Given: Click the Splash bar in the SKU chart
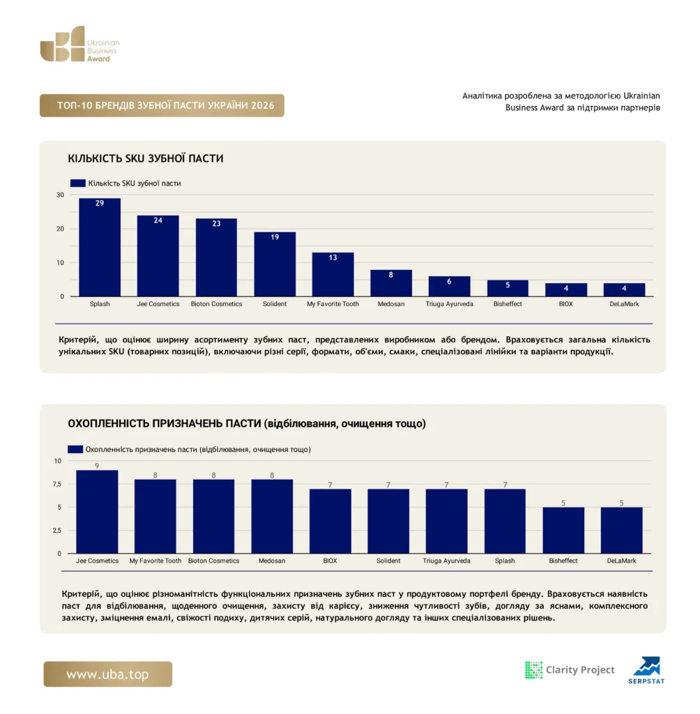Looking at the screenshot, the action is pos(100,248).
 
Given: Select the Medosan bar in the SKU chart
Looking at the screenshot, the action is pos(390,283).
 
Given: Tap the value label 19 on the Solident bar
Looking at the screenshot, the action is pos(275,237).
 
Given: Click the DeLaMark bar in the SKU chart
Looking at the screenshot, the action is pos(624,289).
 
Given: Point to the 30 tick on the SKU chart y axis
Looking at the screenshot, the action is pos(60,195).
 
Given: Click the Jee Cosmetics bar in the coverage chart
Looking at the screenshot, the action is pos(97,512).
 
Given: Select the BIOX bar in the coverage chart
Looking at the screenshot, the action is pos(330,521).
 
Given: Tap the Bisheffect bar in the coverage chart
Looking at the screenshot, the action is pos(563,530).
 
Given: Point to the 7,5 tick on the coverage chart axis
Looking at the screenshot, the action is pos(57,484).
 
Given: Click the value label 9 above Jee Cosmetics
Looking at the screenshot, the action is pos(97,466).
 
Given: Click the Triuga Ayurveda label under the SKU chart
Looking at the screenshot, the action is pos(449,304).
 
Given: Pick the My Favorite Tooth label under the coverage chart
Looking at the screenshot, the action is pos(155,561).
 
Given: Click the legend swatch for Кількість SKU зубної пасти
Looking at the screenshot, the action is pos(78,183).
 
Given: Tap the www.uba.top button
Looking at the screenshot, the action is pos(108,674).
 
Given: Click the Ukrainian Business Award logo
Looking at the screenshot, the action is pos(79,44).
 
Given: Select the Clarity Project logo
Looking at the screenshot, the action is pos(570,670).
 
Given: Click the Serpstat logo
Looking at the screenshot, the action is pos(647,670).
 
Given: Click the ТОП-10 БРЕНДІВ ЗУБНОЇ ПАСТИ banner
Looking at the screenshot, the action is pos(162,106).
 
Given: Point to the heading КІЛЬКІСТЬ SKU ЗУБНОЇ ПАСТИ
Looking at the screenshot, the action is pos(146,158).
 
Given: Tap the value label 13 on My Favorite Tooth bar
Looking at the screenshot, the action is pos(333,258).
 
